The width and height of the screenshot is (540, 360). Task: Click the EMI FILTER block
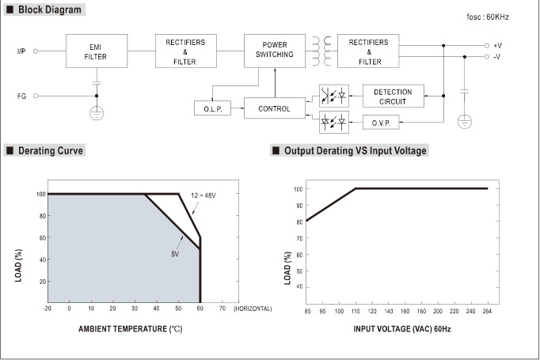(x=97, y=51)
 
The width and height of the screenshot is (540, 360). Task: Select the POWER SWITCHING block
(x=275, y=51)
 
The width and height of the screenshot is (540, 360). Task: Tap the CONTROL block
(x=275, y=108)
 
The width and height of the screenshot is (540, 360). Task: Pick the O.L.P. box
(x=212, y=108)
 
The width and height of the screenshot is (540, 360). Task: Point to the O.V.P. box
(x=381, y=122)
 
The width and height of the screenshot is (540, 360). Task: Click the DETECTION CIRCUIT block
(x=394, y=96)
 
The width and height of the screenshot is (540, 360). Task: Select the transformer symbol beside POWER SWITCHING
(x=321, y=51)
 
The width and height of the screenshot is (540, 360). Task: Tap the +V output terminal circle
(x=487, y=45)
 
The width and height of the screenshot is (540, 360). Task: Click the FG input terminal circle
(x=36, y=96)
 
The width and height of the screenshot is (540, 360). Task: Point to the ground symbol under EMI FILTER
(x=97, y=113)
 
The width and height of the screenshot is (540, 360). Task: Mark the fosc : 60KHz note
(x=488, y=17)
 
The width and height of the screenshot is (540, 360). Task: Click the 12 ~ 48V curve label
(x=203, y=195)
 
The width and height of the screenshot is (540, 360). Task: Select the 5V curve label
(x=175, y=254)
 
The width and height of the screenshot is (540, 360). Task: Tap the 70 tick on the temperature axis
(x=222, y=309)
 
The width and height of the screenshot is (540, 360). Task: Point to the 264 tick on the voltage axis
(x=487, y=311)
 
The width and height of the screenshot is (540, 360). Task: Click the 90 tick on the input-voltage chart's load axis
(x=299, y=206)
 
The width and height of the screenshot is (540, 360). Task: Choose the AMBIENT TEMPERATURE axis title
(x=130, y=329)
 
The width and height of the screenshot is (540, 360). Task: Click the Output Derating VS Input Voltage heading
(x=355, y=150)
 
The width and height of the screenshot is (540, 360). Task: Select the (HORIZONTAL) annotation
(x=253, y=309)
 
